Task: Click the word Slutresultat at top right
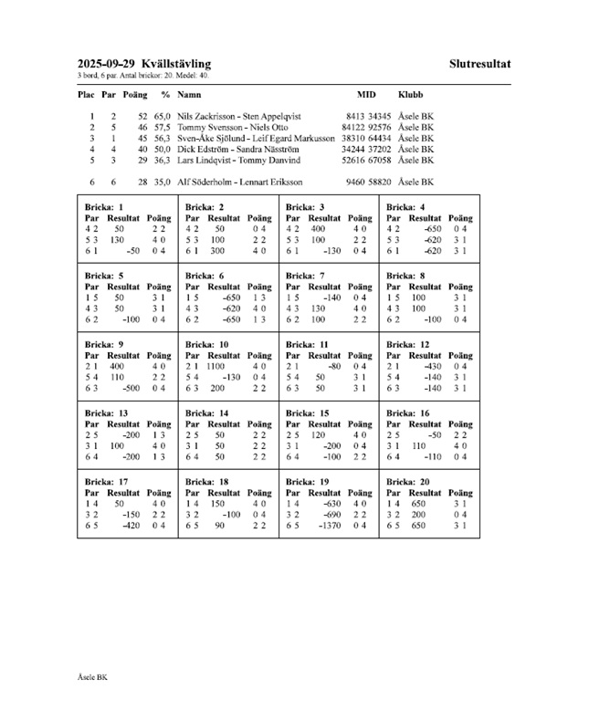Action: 479,63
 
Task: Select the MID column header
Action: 366,94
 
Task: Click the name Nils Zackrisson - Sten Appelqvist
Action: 239,117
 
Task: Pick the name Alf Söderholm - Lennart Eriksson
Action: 233,182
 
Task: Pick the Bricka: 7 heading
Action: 306,275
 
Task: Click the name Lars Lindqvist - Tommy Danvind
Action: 231,160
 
